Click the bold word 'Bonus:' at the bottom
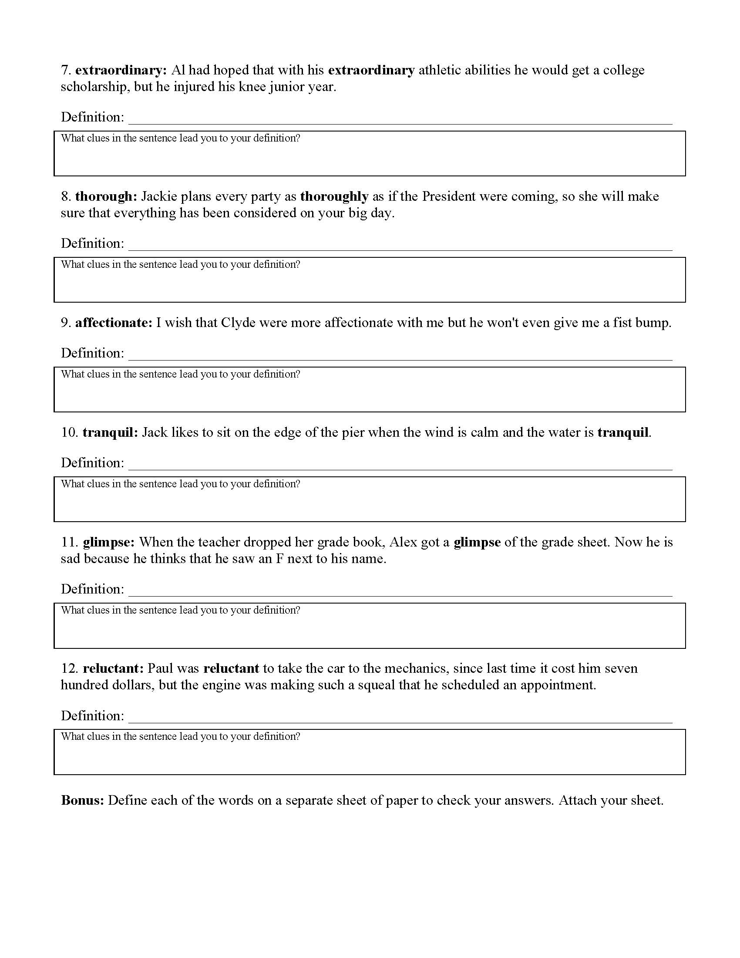coord(82,800)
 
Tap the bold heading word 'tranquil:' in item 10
coord(110,432)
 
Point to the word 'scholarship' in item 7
coord(95,87)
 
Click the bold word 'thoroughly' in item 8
coord(334,196)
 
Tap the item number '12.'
coord(70,668)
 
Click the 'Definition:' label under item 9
coord(92,353)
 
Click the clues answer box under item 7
coord(369,158)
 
